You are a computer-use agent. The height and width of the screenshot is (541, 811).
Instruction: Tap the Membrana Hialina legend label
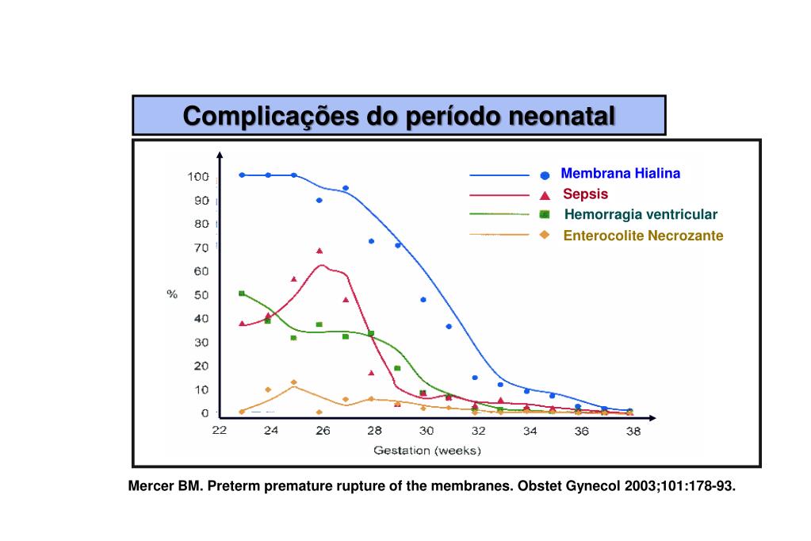(x=620, y=174)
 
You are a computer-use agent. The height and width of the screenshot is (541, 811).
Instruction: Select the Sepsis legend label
(x=586, y=194)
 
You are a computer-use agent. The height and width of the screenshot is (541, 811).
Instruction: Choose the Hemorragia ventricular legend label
(x=641, y=214)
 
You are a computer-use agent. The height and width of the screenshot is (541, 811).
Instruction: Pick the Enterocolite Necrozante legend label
(x=643, y=236)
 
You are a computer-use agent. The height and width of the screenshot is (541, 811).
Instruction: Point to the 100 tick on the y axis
(x=197, y=176)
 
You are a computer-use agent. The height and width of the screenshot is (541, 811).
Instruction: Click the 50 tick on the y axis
(x=201, y=295)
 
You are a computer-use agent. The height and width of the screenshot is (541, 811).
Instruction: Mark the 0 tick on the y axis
(x=205, y=413)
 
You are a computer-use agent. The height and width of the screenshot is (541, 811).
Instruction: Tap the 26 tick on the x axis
(x=323, y=432)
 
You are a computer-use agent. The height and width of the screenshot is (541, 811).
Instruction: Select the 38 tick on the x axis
(x=633, y=432)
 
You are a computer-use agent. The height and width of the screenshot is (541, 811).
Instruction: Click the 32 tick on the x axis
(x=478, y=432)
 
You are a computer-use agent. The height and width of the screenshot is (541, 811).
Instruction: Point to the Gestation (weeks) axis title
(x=427, y=451)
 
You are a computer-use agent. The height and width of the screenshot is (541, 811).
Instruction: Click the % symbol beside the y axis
(x=171, y=294)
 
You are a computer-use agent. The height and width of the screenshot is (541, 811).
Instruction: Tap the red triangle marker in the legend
(x=545, y=195)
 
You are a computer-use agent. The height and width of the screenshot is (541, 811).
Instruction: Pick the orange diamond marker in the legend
(x=545, y=235)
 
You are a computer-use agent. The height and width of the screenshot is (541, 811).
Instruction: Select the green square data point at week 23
(x=242, y=294)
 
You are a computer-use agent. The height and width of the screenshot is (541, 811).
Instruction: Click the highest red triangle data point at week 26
(x=319, y=251)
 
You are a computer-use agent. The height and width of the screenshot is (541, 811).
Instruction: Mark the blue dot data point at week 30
(x=423, y=300)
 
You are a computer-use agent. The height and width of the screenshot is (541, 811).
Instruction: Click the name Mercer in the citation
(x=151, y=486)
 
